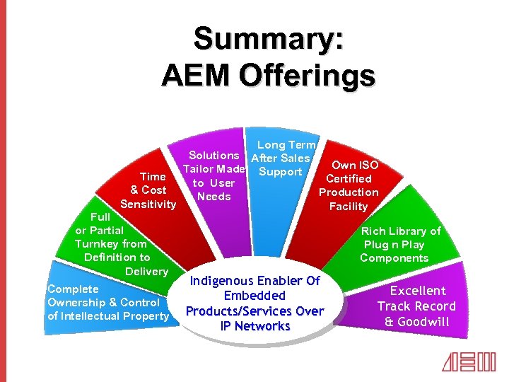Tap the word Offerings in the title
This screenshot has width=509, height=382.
tap(308, 75)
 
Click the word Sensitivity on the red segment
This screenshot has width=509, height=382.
tap(148, 204)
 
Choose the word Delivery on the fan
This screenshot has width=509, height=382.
tap(146, 272)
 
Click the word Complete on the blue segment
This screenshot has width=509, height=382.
tap(73, 289)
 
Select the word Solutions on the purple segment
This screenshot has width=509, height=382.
tap(213, 155)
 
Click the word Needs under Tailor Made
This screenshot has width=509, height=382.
tap(213, 197)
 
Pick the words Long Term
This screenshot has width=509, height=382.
tap(286, 145)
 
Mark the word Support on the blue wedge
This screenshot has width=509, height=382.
tap(281, 172)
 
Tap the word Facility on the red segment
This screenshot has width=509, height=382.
tap(349, 207)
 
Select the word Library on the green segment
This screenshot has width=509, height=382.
tap(405, 231)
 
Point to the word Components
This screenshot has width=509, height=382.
tap(394, 258)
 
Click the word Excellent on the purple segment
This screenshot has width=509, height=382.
tap(418, 291)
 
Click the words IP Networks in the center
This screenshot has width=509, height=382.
tap(255, 326)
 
